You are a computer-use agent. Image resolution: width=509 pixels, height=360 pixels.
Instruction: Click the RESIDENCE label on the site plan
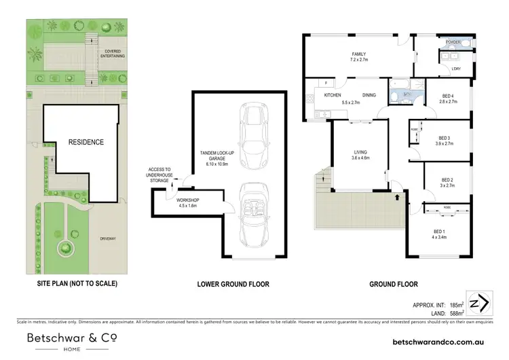click(x=86, y=142)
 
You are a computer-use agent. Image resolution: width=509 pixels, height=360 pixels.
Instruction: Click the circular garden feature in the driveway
click(x=66, y=248)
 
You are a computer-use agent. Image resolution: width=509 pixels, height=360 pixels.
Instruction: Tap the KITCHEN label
click(x=332, y=96)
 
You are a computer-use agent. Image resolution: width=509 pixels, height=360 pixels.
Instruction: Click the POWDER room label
click(x=453, y=42)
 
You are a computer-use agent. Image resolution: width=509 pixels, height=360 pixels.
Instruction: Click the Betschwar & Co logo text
click(x=71, y=337)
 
